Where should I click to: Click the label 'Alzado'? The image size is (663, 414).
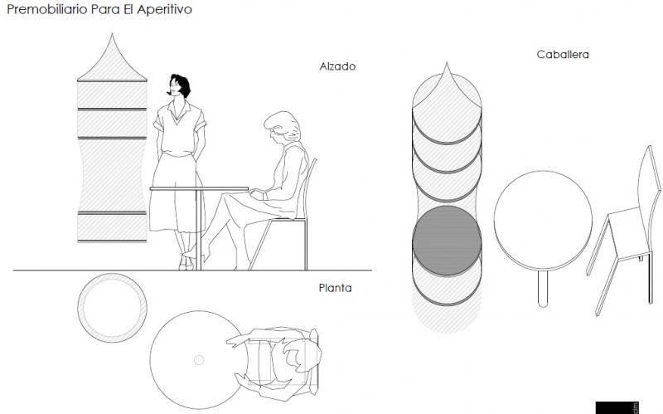(x=337, y=66)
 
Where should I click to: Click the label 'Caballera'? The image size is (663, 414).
(x=562, y=55)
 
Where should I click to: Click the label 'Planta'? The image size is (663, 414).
(x=335, y=288)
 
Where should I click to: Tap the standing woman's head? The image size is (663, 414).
(x=179, y=85)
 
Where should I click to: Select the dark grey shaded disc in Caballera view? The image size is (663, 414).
(x=447, y=241)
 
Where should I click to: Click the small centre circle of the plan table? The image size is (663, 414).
(x=199, y=359)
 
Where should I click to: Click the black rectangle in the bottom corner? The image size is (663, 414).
(x=617, y=407)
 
